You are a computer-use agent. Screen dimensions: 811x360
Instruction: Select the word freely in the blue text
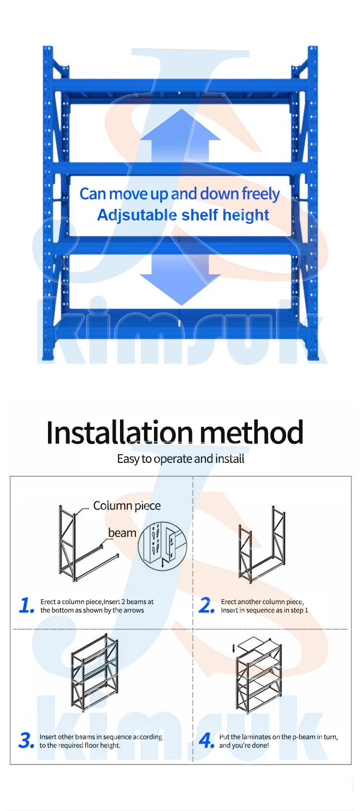(261, 194)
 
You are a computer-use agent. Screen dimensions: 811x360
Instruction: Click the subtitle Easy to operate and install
(180, 459)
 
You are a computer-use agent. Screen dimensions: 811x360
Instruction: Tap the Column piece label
(127, 506)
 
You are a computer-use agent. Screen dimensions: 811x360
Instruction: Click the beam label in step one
(122, 533)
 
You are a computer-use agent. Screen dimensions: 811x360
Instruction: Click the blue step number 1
(26, 605)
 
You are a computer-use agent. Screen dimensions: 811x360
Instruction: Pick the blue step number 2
(206, 605)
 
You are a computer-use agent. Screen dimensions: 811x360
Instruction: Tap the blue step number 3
(26, 740)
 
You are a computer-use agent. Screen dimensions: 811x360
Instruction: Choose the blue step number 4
(206, 740)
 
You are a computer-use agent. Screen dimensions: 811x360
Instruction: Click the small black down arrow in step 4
(234, 649)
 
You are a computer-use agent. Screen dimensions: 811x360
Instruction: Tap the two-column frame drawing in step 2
(262, 545)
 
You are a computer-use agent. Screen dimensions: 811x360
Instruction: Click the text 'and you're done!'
(244, 746)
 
